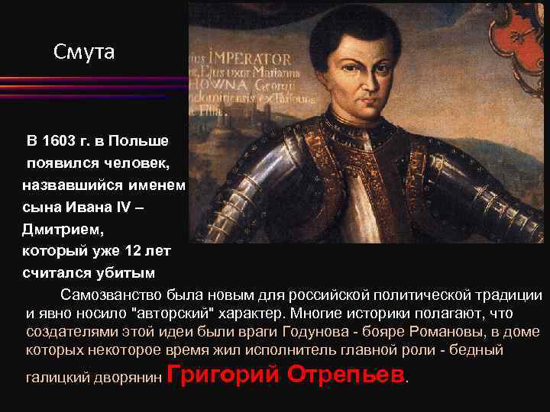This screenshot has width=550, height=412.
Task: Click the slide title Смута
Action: tap(84, 52)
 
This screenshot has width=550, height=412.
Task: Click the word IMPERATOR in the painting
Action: tap(252, 59)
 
